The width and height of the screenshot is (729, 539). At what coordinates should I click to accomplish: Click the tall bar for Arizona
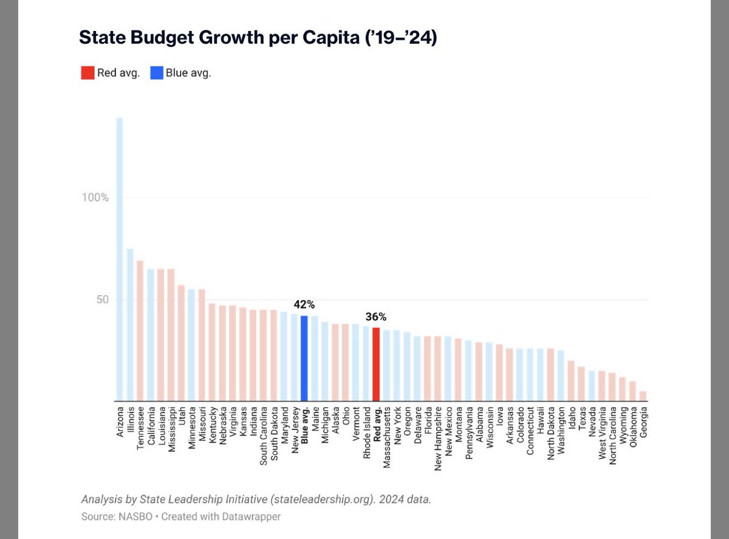tap(120, 259)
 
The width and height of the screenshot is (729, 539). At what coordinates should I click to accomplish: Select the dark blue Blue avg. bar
tap(304, 358)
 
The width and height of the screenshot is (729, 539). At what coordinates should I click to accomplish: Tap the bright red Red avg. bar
tap(376, 364)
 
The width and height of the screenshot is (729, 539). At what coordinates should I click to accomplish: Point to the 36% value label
tap(376, 317)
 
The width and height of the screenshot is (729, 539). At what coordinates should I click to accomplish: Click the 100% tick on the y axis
tap(96, 198)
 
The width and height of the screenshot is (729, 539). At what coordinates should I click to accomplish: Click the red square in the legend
tap(87, 73)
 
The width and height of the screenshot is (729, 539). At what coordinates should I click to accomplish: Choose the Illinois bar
tap(130, 325)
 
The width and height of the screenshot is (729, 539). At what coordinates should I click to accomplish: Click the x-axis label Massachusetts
tap(387, 439)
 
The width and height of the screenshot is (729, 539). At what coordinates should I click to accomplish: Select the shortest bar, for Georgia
tap(643, 396)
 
